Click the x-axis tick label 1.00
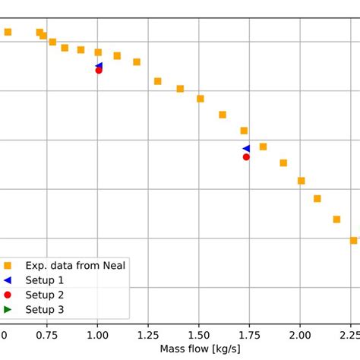coord(97,335)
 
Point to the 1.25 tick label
coord(148,335)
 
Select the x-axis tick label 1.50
coord(199,335)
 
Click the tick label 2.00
coord(301,335)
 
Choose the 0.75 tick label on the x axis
coord(46,335)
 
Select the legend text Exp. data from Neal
coord(75,265)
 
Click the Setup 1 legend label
coord(45,280)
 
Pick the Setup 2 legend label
coord(45,295)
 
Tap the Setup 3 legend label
coord(45,309)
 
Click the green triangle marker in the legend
coord(8,309)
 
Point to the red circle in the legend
coord(8,295)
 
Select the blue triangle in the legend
coord(8,280)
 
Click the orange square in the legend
coord(8,266)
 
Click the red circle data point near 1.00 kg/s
coord(99,70)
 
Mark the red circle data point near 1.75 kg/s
coord(246,157)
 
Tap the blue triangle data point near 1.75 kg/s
coord(246,149)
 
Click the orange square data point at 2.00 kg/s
coord(302,181)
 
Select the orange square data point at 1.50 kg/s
coord(201,99)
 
